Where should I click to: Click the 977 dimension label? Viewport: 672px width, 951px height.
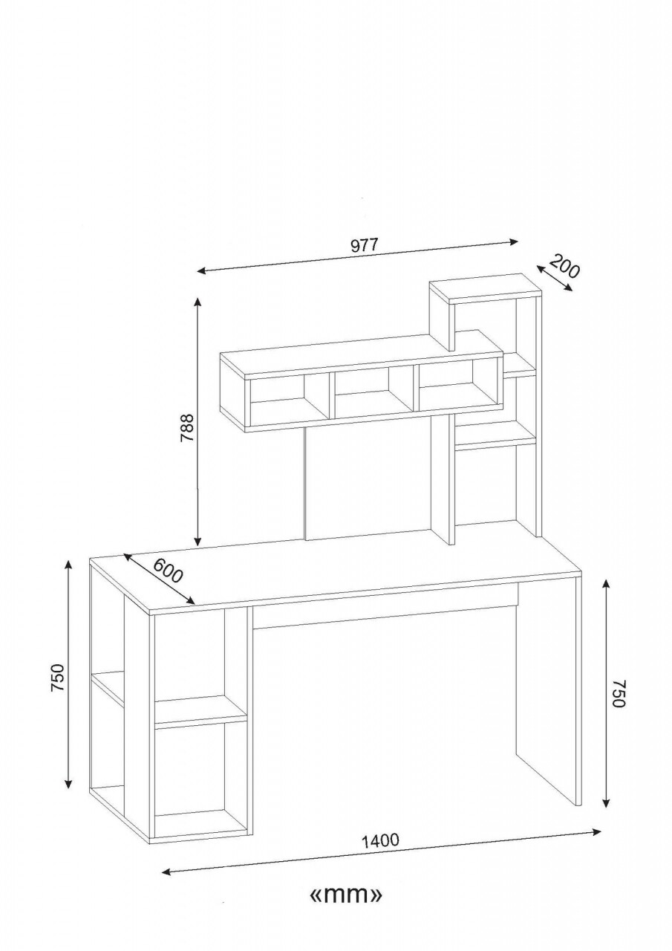(364, 245)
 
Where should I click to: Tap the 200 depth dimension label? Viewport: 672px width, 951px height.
(565, 266)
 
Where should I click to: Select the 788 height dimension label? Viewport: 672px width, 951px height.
(187, 427)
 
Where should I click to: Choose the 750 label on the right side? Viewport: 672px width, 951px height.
(619, 693)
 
